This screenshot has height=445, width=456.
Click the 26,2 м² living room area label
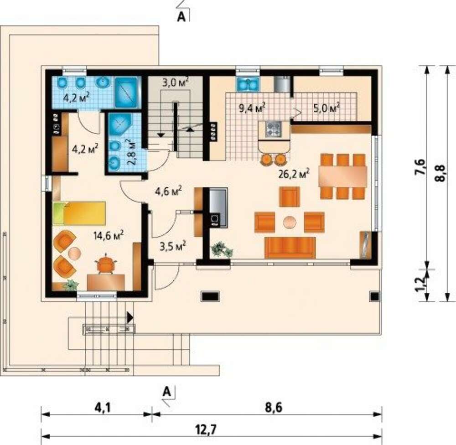[293, 174]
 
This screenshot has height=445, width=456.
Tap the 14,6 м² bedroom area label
[109, 235]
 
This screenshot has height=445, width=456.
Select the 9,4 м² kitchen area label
[252, 108]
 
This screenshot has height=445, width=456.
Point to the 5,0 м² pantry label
[326, 108]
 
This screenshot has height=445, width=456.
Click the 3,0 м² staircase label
[176, 83]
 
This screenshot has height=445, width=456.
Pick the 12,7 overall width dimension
[206, 429]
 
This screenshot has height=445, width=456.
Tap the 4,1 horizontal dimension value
[102, 408]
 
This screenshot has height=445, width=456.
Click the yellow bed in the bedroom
[79, 213]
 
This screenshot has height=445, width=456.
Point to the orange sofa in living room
[290, 248]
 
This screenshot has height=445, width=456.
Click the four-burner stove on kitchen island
[273, 129]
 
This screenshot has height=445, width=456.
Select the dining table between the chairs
[342, 176]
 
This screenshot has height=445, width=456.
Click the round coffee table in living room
[290, 222]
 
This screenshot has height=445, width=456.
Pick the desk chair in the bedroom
[106, 263]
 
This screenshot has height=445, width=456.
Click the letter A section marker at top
[181, 17]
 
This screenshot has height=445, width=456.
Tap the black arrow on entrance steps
[130, 317]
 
